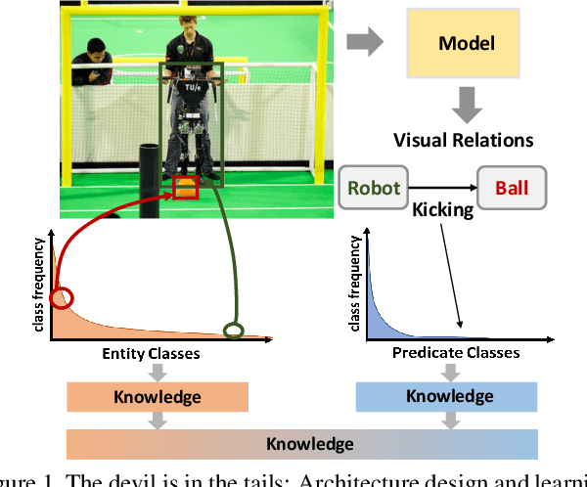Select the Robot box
[373, 187]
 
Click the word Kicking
[441, 210]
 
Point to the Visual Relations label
[463, 139]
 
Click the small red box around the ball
[185, 188]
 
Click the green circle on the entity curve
[233, 331]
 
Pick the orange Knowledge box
[157, 397]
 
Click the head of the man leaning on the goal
[94, 49]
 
